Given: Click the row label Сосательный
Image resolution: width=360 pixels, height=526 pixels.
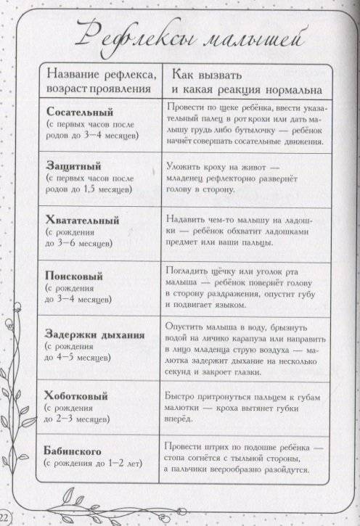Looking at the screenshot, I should coord(80,112).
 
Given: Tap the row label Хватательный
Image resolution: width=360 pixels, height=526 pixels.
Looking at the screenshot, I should coord(82,219).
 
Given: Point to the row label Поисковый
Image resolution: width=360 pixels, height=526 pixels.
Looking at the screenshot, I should coord(74,276).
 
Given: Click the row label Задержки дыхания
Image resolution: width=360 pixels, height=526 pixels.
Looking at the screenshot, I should coord(95,334).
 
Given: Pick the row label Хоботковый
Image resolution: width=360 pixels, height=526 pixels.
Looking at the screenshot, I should coord(76,396).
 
